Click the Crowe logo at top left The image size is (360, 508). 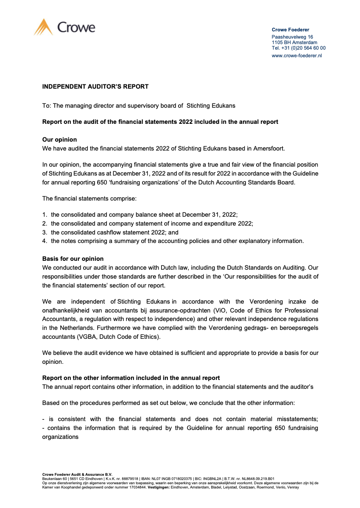tap(64, 28)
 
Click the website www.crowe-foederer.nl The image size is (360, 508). tap(296, 56)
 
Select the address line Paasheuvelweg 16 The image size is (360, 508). tap(292, 37)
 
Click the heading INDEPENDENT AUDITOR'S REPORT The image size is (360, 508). tap(95, 87)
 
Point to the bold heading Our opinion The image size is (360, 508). tap(59, 140)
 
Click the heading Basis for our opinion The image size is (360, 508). tap(73, 259)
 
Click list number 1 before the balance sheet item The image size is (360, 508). tap(45, 215)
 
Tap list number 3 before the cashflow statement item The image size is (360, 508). tap(45, 232)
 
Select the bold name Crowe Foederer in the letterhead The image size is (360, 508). tap(290, 30)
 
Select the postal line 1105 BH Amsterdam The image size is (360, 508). tap(294, 42)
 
